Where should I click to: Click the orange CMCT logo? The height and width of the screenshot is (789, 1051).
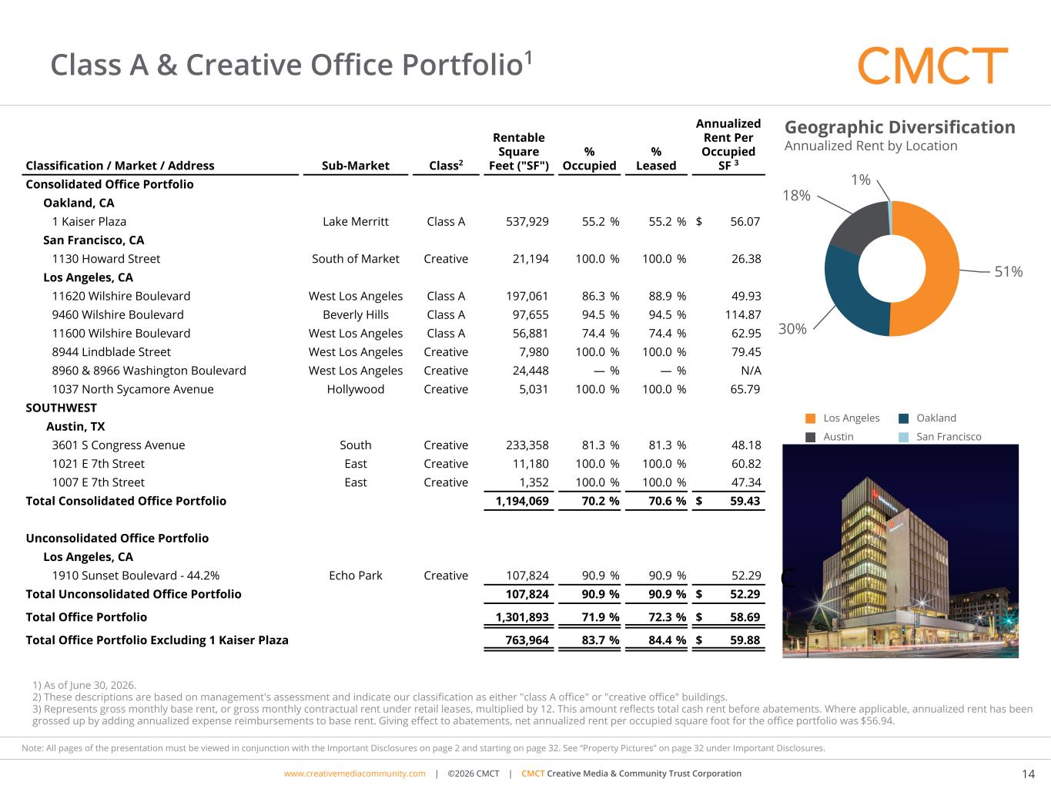click(932, 65)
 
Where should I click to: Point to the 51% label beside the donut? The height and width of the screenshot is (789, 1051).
click(1009, 272)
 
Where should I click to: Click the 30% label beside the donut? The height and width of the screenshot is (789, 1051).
click(792, 329)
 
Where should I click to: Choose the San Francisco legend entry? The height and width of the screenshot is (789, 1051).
click(940, 436)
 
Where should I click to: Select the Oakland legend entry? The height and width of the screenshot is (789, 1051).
click(928, 418)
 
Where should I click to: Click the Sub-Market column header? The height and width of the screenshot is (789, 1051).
click(355, 165)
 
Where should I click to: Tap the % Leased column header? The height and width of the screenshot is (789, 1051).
click(656, 159)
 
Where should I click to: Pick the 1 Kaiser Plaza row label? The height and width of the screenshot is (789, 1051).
click(89, 221)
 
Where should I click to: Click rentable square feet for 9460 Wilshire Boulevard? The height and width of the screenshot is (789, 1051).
click(531, 314)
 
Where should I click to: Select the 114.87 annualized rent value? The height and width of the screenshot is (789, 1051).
click(743, 314)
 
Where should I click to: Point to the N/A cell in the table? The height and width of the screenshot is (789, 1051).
click(751, 371)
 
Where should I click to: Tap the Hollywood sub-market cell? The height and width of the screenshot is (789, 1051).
click(355, 389)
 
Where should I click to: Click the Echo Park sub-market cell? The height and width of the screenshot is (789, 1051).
click(355, 576)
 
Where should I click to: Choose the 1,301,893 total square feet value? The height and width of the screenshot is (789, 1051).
click(522, 617)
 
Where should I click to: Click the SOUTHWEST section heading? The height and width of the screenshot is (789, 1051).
click(61, 408)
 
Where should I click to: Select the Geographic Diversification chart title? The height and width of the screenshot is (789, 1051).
click(899, 127)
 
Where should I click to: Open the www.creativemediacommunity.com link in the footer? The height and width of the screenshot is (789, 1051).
click(354, 773)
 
